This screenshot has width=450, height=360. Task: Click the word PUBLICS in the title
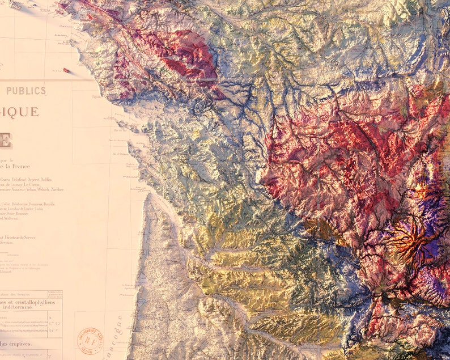click(x=26, y=91)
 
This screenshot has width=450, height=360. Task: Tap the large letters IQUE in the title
click(x=20, y=112)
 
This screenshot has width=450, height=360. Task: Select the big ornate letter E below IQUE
click(x=5, y=139)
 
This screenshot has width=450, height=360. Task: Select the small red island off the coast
click(x=67, y=70)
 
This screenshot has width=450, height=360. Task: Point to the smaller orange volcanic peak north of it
click(x=422, y=191)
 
